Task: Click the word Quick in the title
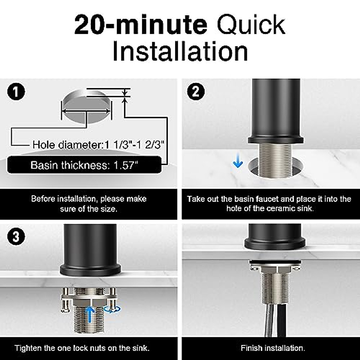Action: pyautogui.click(x=251, y=25)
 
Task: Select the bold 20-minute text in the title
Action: pyautogui.click(x=140, y=25)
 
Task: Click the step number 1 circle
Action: pyautogui.click(x=16, y=92)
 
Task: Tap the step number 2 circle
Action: pyautogui.click(x=196, y=92)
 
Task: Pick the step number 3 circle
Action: pyautogui.click(x=16, y=237)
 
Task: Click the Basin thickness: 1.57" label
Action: pyautogui.click(x=84, y=165)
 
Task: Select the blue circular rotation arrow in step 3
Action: pyautogui.click(x=112, y=309)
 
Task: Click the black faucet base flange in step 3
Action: pyautogui.click(x=91, y=270)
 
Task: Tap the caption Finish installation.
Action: pyautogui.click(x=273, y=348)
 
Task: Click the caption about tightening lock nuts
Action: pyautogui.click(x=82, y=348)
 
